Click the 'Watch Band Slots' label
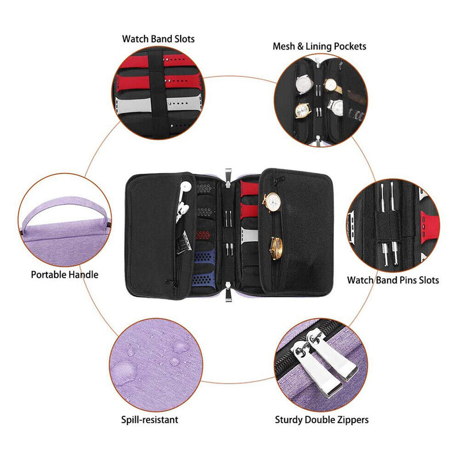tap(158, 39)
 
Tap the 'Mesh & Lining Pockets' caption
tap(319, 46)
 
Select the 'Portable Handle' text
tap(64, 274)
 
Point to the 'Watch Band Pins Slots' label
tap(393, 280)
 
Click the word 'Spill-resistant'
tap(149, 420)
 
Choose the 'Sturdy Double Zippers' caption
tap(321, 420)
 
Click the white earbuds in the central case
tap(183, 201)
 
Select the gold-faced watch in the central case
tap(276, 248)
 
